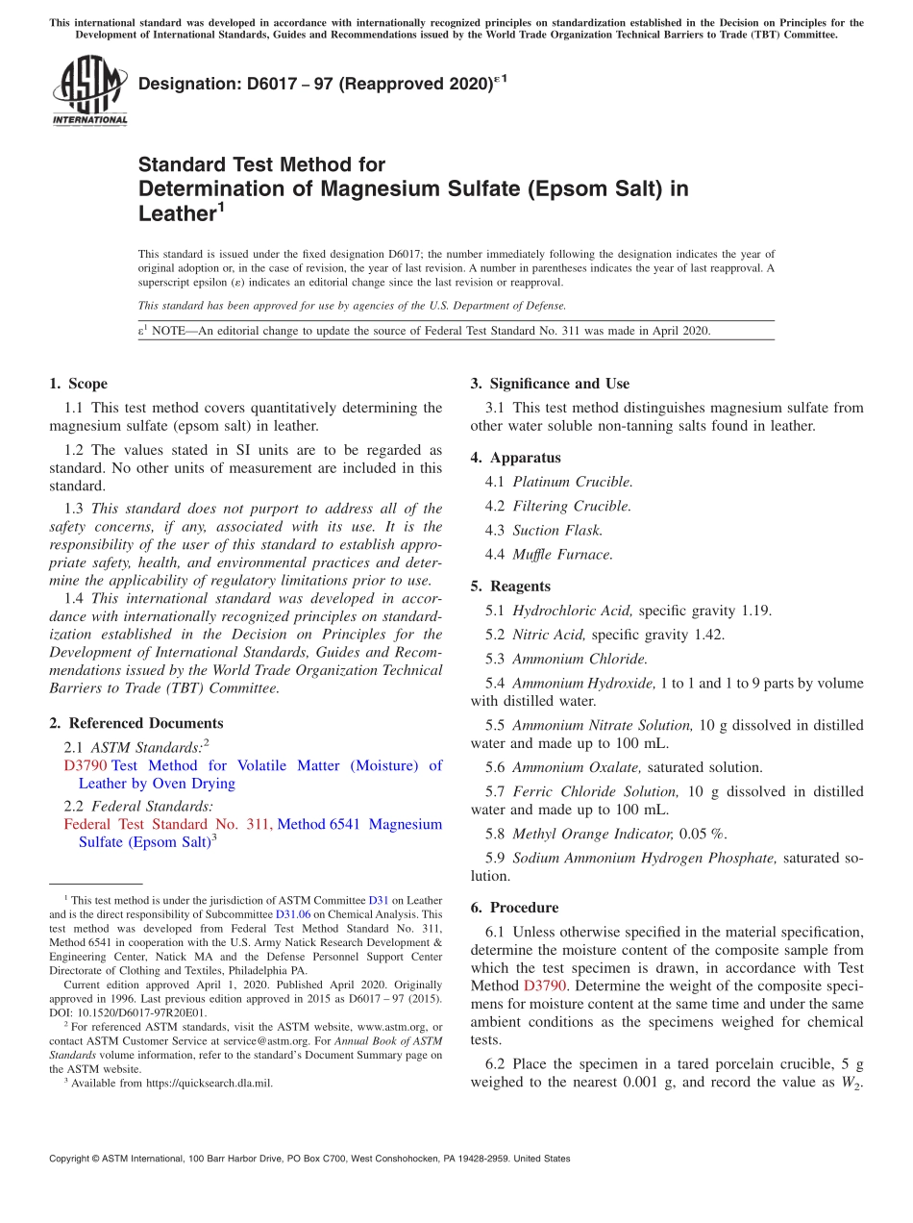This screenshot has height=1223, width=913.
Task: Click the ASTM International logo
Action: (89, 90)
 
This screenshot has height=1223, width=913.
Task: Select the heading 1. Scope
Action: (79, 384)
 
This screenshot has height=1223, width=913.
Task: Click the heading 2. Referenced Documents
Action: (136, 723)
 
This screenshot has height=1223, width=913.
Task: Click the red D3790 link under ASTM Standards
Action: (86, 765)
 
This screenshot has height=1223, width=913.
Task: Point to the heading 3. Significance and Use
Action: (550, 384)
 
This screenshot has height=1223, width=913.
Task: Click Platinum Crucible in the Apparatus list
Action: (572, 482)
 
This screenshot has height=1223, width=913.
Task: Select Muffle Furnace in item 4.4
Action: (562, 555)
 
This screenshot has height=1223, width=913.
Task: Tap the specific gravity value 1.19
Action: (755, 611)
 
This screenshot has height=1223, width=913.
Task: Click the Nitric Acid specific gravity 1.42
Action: (708, 635)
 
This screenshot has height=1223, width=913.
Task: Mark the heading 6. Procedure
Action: (514, 908)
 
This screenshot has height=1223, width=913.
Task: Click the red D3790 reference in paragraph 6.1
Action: (546, 986)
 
